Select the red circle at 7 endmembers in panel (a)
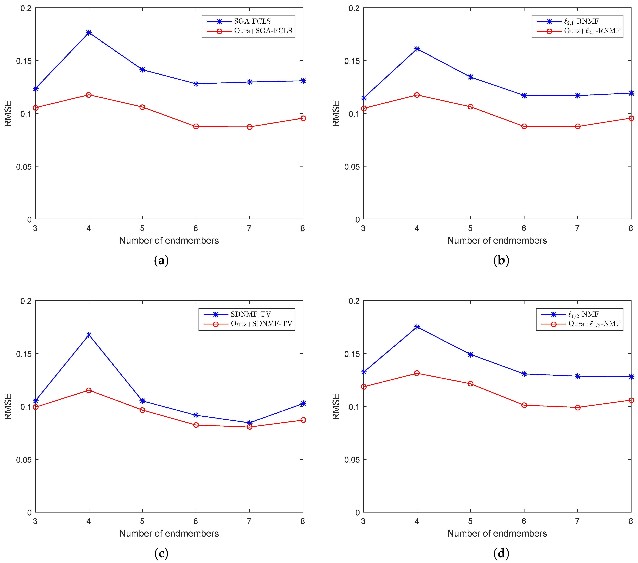point(249,127)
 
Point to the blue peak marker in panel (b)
point(417,49)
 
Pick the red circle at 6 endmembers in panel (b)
point(524,126)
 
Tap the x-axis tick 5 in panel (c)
point(142,521)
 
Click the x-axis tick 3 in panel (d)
point(363,521)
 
